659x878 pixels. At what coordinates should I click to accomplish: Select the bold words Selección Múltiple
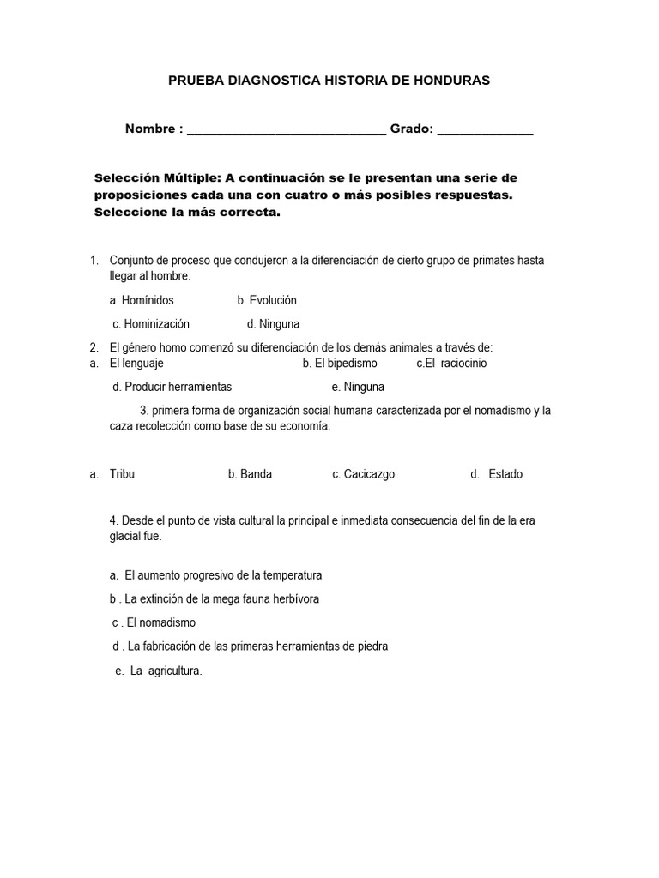pyautogui.click(x=158, y=178)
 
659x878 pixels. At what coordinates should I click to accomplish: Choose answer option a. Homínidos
pyautogui.click(x=142, y=300)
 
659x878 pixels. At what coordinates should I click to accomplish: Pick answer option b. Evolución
pyautogui.click(x=267, y=300)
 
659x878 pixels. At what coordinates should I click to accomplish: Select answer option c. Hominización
pyautogui.click(x=151, y=324)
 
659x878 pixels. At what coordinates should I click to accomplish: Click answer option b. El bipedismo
pyautogui.click(x=340, y=363)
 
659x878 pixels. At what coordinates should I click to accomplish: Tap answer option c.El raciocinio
pyautogui.click(x=451, y=363)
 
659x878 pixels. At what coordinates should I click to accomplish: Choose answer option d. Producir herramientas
pyautogui.click(x=172, y=387)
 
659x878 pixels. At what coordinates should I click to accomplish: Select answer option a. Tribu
pyautogui.click(x=122, y=474)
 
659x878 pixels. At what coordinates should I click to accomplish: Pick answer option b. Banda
pyautogui.click(x=250, y=474)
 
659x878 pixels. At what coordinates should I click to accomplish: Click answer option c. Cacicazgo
pyautogui.click(x=363, y=474)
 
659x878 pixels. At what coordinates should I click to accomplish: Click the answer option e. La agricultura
pyautogui.click(x=159, y=671)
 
